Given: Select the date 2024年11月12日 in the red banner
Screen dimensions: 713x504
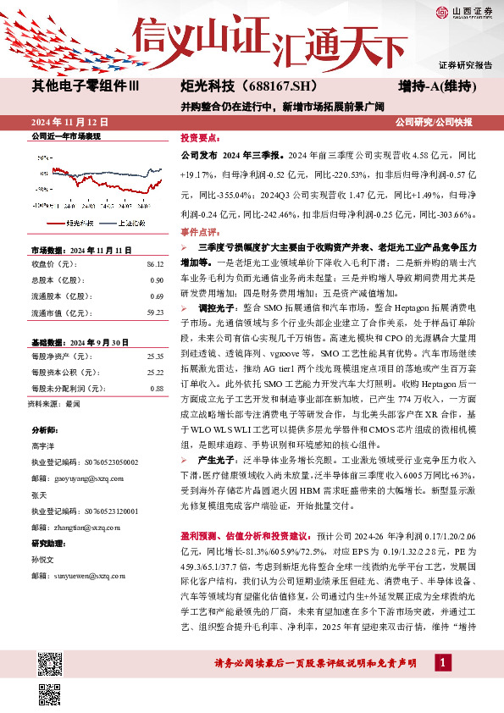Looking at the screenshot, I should (x=64, y=121).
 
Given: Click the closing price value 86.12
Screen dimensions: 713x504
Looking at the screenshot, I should (x=154, y=265).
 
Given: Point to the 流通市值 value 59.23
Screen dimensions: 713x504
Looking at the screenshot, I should (x=154, y=312).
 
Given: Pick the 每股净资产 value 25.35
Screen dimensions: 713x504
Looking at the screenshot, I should (x=154, y=356).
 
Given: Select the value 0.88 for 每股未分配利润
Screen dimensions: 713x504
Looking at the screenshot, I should (x=156, y=388).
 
